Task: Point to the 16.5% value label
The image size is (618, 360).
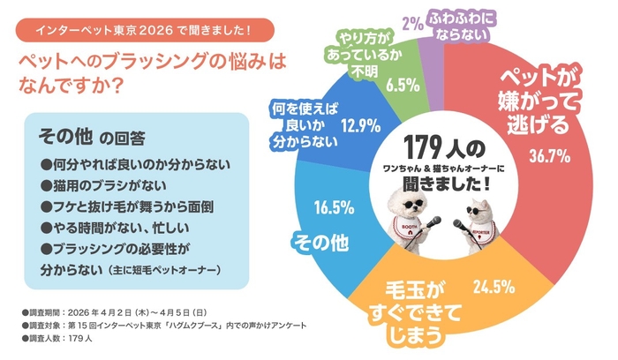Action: click(334, 208)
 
